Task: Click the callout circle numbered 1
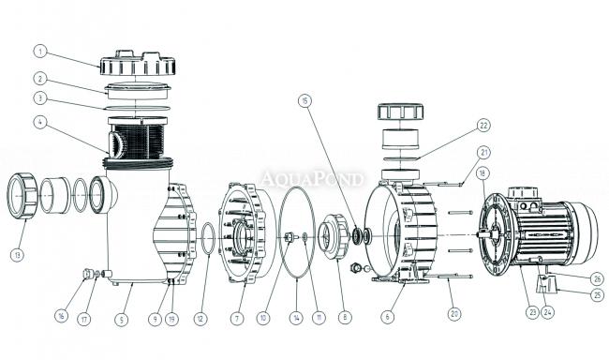coord(40,52)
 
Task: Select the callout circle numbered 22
coord(483,126)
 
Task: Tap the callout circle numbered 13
coord(17,255)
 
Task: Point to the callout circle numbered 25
coord(598,295)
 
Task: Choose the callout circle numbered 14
coord(296,319)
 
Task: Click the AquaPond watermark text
coord(313,179)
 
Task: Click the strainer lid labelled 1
coord(138,63)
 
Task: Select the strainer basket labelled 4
coord(138,138)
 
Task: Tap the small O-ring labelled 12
coord(208,239)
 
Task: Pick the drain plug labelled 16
coord(89,274)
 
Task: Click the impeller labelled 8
coord(334,237)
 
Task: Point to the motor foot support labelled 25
coord(546,283)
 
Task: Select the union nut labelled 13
coord(22,195)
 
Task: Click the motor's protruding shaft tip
coord(479,234)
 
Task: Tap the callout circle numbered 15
coord(305,101)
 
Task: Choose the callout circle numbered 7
coord(236,319)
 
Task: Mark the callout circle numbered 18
coord(483,173)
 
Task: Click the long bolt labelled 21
coord(442,185)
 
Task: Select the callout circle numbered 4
coord(40,123)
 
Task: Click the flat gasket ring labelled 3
coord(138,108)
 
